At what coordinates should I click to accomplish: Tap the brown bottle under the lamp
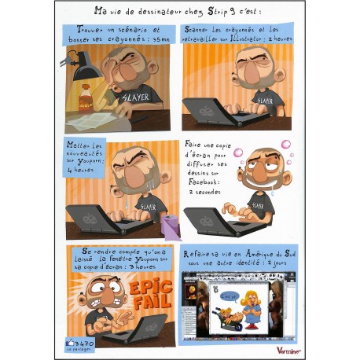point(86,100)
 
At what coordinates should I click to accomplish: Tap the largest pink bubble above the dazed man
point(285,145)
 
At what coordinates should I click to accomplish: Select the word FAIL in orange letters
point(149,302)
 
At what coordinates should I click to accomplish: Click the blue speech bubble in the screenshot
point(228,297)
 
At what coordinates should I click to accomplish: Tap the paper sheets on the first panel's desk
point(94,119)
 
